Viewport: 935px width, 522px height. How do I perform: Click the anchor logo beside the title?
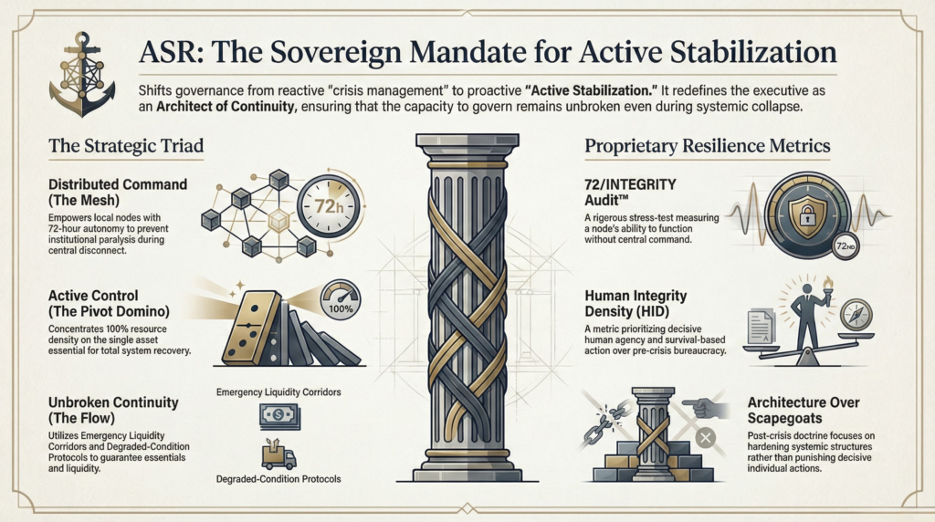[x=82, y=74]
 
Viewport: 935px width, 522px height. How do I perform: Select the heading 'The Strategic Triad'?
[x=126, y=146]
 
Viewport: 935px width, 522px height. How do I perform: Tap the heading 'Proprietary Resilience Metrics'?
[x=708, y=146]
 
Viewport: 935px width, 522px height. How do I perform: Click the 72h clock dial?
[x=329, y=206]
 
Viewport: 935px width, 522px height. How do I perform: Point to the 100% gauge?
[x=341, y=299]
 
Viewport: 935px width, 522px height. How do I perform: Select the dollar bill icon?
[x=279, y=416]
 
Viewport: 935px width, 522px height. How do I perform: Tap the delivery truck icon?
[x=278, y=455]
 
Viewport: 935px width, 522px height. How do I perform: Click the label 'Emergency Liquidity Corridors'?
[x=278, y=392]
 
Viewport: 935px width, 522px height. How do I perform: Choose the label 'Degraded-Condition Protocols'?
[x=278, y=479]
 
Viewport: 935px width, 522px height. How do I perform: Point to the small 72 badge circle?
[x=846, y=245]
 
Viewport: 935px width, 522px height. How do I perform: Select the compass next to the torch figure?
[x=856, y=314]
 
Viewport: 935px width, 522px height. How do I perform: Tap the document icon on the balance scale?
[x=762, y=327]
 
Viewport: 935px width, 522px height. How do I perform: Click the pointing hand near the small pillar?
[x=706, y=408]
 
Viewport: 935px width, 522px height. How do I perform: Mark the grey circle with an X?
[x=706, y=438]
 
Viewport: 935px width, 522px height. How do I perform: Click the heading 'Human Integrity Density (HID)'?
[x=636, y=303]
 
